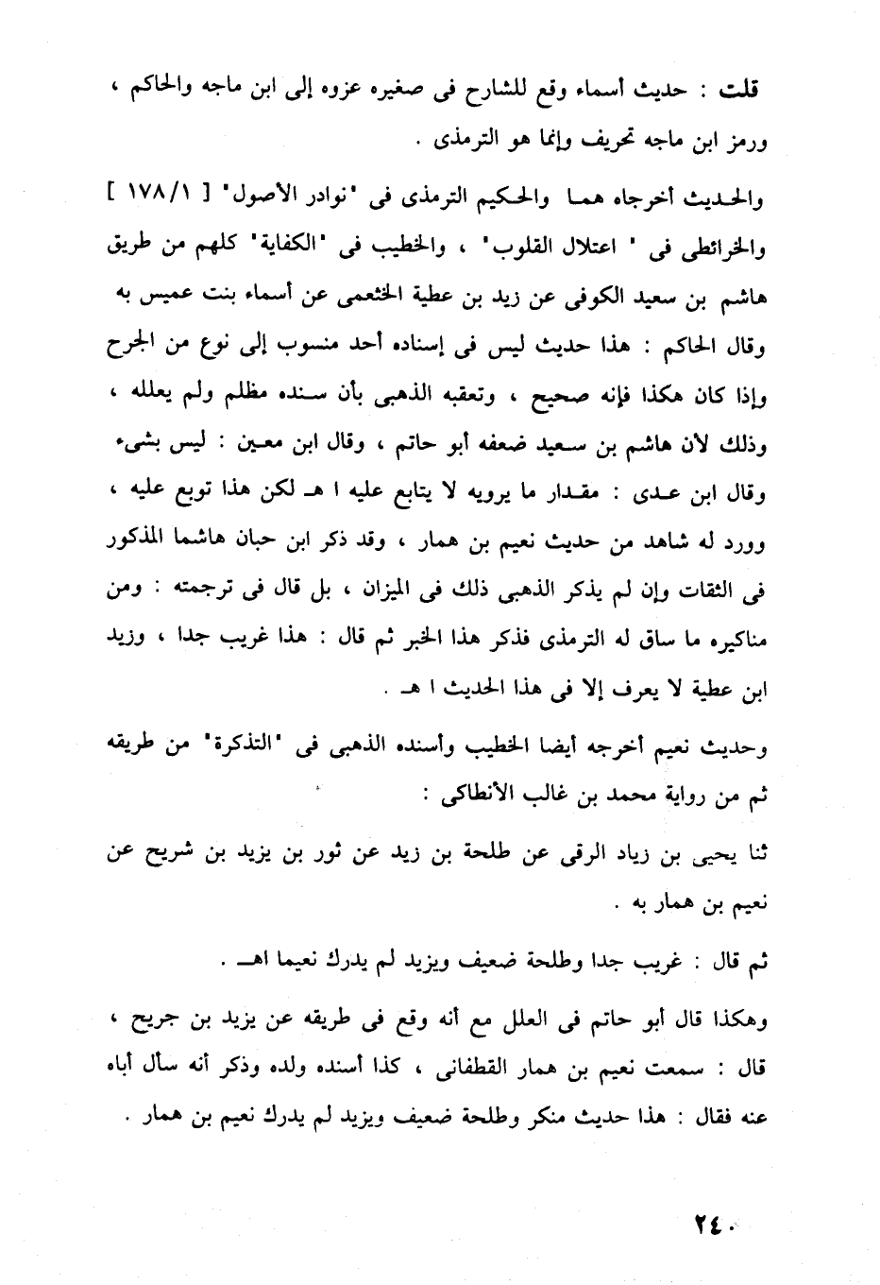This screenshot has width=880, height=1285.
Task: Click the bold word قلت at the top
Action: [739, 91]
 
